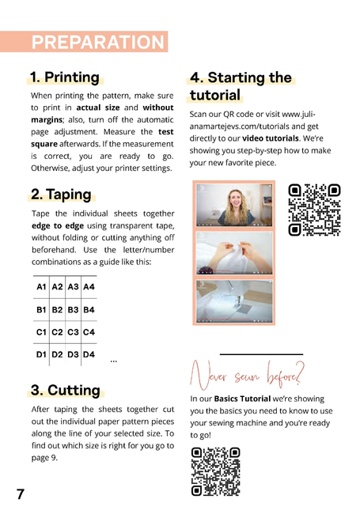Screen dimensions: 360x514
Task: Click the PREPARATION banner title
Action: coord(97,42)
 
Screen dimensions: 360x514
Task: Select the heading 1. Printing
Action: coord(65,77)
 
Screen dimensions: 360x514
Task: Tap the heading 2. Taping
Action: coord(61,194)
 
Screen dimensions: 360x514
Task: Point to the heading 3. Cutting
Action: coord(65,390)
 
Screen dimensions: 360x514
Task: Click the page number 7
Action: coord(21,494)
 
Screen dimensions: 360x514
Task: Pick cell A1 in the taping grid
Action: coord(41,287)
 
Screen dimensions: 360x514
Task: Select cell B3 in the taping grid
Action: coord(73,310)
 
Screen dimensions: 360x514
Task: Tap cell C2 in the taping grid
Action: coord(57,332)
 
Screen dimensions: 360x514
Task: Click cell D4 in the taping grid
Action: coord(89,354)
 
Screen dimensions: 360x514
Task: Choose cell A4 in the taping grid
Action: coord(89,287)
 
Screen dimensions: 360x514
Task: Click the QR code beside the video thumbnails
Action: coord(314,210)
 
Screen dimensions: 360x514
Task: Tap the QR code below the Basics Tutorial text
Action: coord(215,471)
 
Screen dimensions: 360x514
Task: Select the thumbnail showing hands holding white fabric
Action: coord(234,253)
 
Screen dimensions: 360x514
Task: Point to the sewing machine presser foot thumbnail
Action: coord(234,301)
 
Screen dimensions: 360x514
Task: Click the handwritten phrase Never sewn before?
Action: coord(247,376)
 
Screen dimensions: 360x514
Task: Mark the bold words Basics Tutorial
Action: coord(242,399)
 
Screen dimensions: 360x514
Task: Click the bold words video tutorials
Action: coord(271,138)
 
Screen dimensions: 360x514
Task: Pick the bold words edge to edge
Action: coord(58,226)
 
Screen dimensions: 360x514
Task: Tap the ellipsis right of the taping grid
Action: coord(114,361)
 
